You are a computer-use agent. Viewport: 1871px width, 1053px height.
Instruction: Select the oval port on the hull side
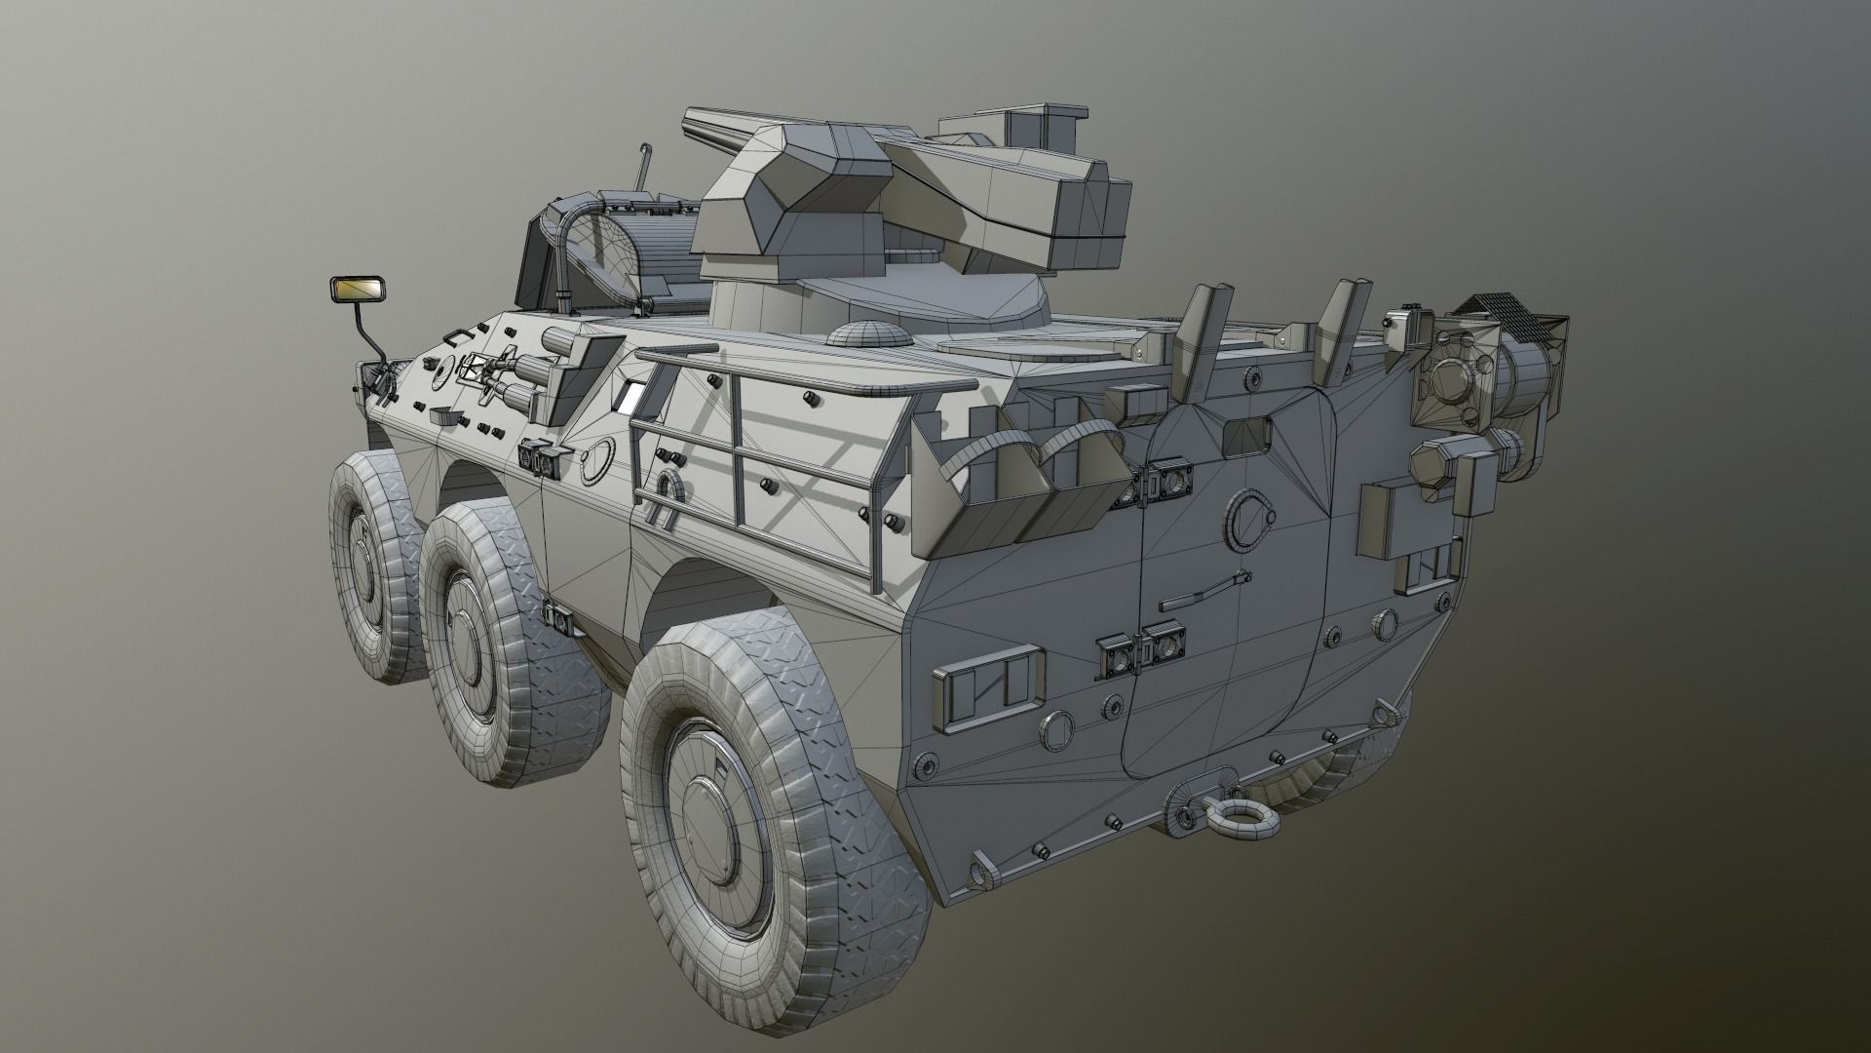pos(596,459)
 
